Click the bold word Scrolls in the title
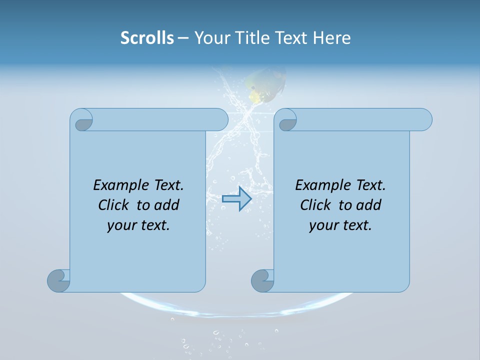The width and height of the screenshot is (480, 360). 147,38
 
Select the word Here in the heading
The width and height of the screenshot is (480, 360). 332,38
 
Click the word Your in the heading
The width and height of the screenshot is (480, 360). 210,38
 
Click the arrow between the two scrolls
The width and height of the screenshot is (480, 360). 236,198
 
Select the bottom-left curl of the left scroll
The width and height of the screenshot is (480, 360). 59,280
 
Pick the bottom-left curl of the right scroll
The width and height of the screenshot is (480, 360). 263,280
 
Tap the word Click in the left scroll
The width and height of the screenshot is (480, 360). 113,205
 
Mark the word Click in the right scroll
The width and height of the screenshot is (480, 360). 315,205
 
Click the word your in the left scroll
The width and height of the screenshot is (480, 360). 121,225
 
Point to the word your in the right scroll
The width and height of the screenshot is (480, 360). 323,225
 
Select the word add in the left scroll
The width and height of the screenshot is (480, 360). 167,205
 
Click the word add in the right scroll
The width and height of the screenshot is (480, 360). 369,205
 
